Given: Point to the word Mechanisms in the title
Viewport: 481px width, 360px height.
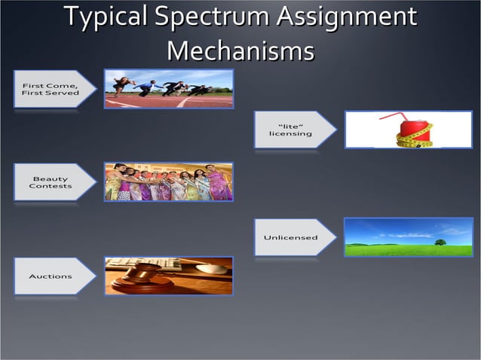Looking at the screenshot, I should click(x=240, y=51).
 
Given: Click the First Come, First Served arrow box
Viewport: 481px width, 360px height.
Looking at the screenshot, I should click(x=53, y=89).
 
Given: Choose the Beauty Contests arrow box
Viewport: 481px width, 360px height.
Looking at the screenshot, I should click(x=53, y=182).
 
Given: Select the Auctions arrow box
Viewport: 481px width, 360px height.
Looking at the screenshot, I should click(x=53, y=276).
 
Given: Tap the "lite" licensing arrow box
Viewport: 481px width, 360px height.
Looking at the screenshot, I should click(x=293, y=130).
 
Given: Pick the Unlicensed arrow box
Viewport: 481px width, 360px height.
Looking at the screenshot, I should click(x=293, y=238).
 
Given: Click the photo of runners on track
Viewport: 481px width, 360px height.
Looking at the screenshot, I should click(x=168, y=89).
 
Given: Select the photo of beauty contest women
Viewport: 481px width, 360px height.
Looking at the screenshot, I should click(x=168, y=182).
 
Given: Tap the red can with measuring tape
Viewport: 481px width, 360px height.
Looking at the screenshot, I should click(x=413, y=132).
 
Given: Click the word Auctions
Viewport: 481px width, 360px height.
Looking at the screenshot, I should click(x=51, y=276).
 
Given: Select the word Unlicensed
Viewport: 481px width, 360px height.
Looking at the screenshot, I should click(x=290, y=238).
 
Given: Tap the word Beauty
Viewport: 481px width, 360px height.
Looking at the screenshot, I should click(x=51, y=178).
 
